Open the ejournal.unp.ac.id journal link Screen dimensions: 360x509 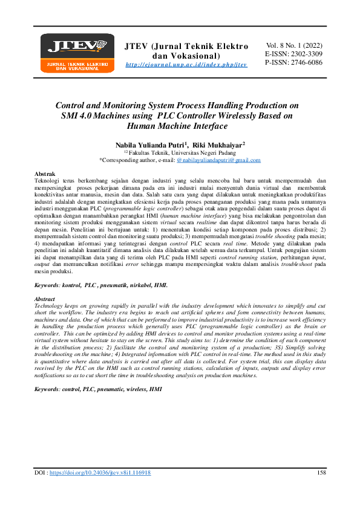coord(186,64)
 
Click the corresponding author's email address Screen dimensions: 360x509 coord(218,160)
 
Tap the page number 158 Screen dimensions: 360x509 coord(322,472)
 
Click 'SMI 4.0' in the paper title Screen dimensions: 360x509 coord(78,115)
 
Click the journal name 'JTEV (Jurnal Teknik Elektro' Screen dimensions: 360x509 coord(186,46)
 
